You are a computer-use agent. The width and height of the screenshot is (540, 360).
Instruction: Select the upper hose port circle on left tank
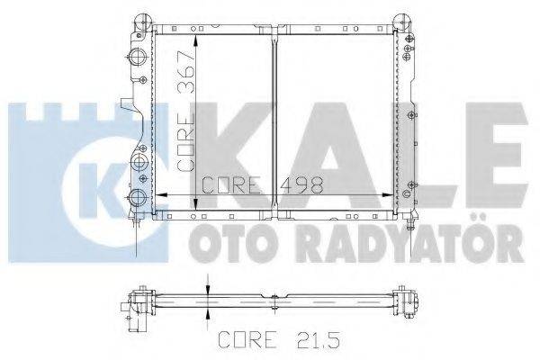pyautogui.click(x=136, y=59)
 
